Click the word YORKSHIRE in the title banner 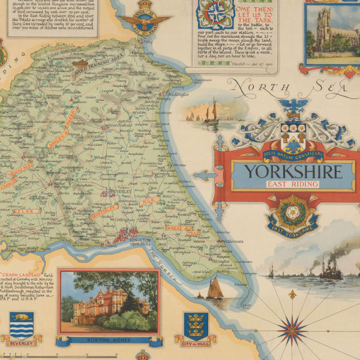(x=292, y=172)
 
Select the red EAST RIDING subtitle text (x=292, y=184)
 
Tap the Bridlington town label (x=178, y=94)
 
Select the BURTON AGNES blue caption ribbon (x=109, y=340)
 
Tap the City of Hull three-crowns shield (x=195, y=325)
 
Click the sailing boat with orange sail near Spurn (x=214, y=288)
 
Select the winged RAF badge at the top (x=145, y=22)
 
